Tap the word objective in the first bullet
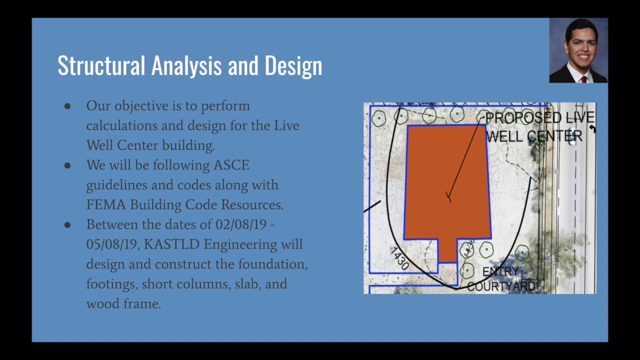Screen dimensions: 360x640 141,106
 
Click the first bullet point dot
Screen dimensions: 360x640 67,106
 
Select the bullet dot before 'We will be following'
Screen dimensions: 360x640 67,165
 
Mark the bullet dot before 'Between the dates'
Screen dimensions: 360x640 67,225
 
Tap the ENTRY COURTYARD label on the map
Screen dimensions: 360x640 501,279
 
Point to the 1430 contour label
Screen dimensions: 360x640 400,258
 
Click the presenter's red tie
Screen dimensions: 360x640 583,79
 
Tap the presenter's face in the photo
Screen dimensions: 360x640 581,47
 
